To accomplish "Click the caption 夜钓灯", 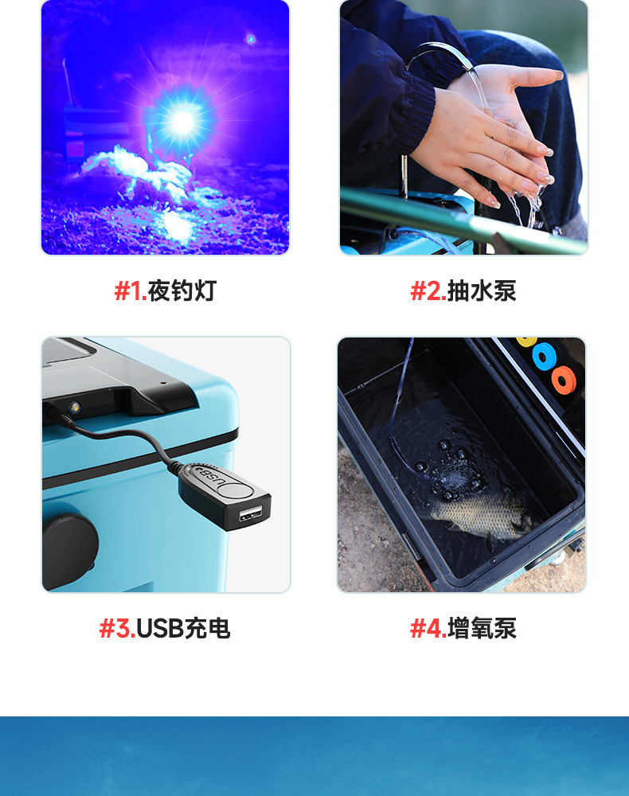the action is (x=182, y=291).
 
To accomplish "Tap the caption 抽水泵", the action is (x=481, y=291).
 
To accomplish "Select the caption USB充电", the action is (x=183, y=629).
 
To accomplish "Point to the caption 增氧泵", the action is (x=482, y=629).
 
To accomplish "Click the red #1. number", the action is (x=131, y=291).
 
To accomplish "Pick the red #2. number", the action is (x=428, y=291).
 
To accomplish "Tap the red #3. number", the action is (x=117, y=629).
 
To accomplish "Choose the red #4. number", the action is (x=428, y=629).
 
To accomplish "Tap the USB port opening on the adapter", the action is (x=252, y=513).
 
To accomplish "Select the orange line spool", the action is (x=564, y=380).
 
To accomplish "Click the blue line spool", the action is (x=545, y=357).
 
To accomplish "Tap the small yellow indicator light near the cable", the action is (x=74, y=407).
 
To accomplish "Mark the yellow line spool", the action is (x=527, y=341).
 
